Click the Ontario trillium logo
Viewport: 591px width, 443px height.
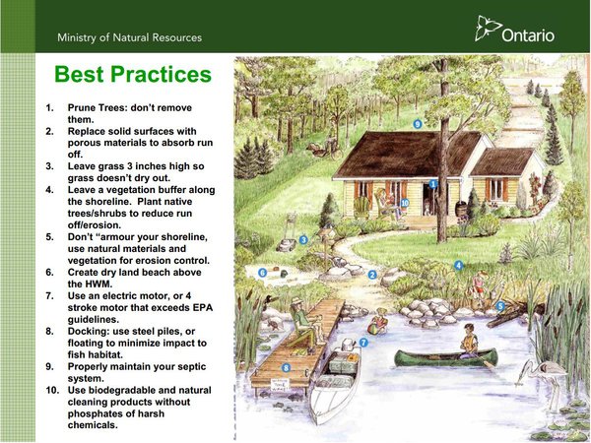pos(488,28)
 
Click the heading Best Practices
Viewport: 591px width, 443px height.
pos(133,74)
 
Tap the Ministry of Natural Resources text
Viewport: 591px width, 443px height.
pos(130,37)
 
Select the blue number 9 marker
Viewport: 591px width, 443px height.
pos(418,124)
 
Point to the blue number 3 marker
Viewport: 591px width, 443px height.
pos(303,239)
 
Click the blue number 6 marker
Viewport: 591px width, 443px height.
pos(263,273)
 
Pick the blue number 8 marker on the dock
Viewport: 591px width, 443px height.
pos(286,368)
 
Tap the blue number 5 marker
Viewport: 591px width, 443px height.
pos(500,306)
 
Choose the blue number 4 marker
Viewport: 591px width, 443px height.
pos(458,265)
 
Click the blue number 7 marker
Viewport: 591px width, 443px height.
pos(363,343)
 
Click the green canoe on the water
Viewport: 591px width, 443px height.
pos(446,358)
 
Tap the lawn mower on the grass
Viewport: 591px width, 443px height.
pos(288,234)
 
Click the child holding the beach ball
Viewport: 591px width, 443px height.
pos(378,322)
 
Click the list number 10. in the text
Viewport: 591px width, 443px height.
pos(53,390)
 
